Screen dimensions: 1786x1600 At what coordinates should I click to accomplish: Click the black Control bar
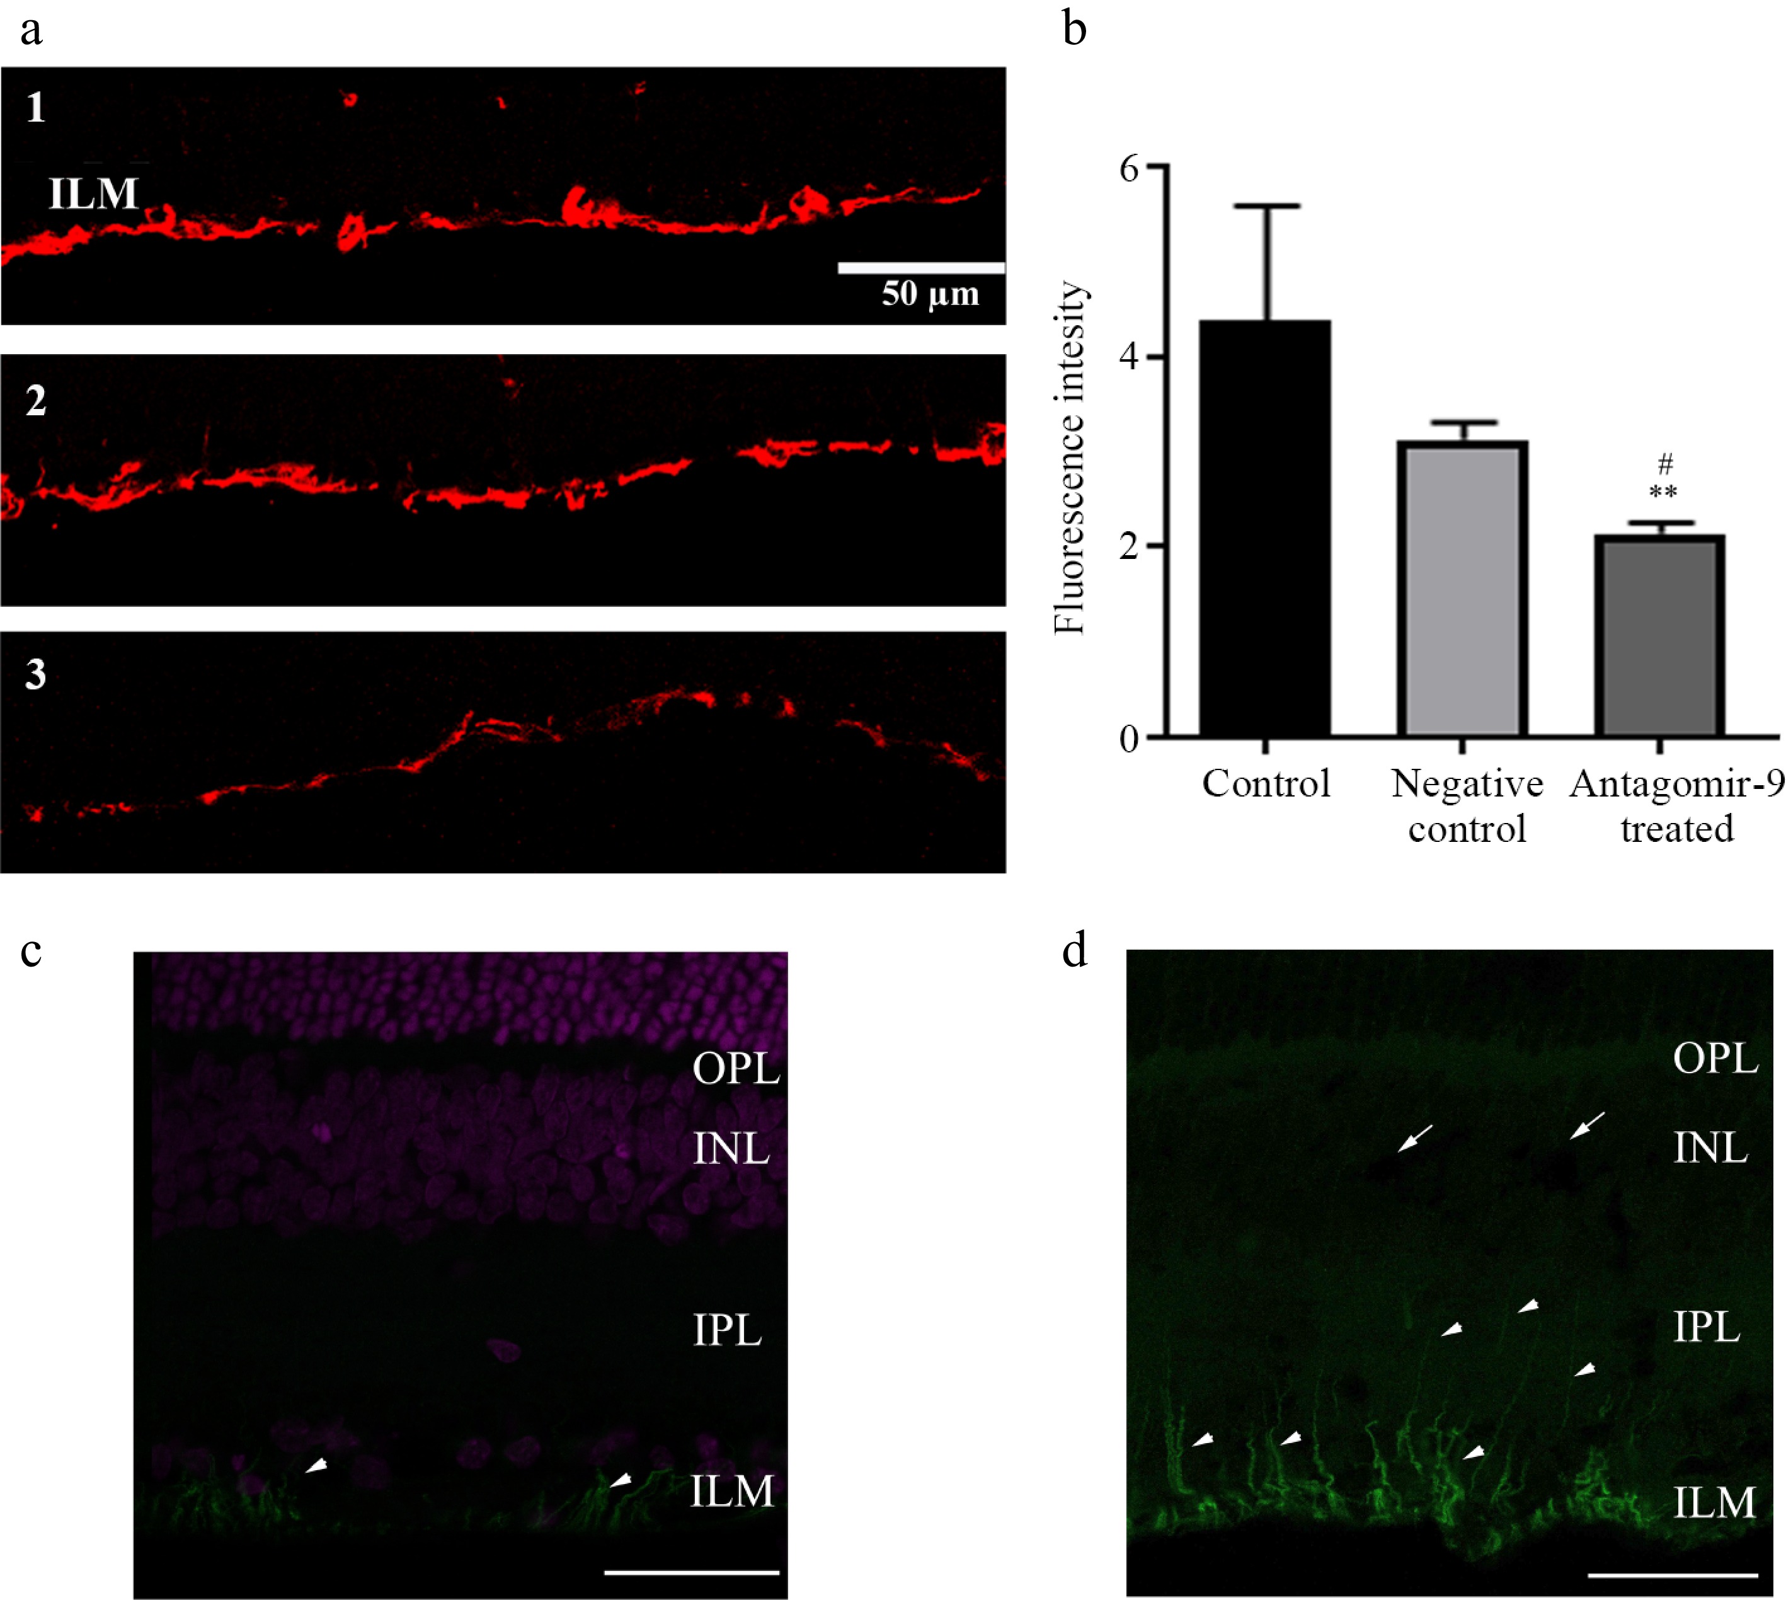tap(1265, 528)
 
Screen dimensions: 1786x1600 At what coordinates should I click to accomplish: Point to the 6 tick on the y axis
tap(1159, 166)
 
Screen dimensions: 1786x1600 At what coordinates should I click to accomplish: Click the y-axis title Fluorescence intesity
tap(1070, 457)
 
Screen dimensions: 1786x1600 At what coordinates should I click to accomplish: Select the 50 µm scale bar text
tap(930, 294)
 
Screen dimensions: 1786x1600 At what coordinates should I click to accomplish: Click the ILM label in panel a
tap(93, 193)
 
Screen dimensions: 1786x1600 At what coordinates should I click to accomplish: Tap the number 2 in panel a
tap(36, 400)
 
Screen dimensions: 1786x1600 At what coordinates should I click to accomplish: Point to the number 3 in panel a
tap(35, 674)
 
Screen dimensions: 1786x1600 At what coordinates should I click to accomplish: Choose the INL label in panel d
tap(1710, 1148)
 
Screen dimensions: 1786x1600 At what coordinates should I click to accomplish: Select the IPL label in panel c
tap(727, 1330)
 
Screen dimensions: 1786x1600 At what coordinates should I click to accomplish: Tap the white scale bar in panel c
tap(692, 1571)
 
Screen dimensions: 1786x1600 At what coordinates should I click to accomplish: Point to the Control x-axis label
tap(1266, 783)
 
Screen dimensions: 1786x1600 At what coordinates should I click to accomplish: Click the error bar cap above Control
tap(1265, 205)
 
